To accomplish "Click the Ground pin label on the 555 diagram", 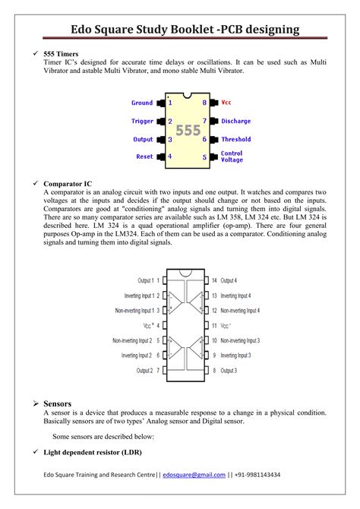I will [142, 103].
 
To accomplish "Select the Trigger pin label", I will [142, 121].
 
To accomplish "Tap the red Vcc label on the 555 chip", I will [226, 103].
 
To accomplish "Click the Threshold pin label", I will [235, 139].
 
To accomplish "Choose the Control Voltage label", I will [232, 156].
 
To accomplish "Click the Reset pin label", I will [144, 156].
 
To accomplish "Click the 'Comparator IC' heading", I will [68, 184].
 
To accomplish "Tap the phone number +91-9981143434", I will [258, 475].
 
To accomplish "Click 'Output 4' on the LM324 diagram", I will [229, 280].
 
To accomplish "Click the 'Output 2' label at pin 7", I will [145, 370].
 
